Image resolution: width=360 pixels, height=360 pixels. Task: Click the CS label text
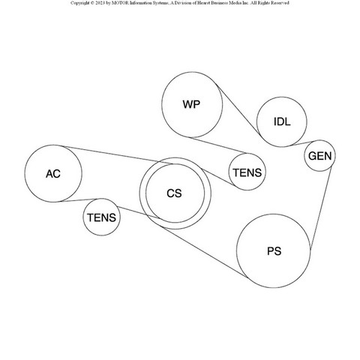(174, 193)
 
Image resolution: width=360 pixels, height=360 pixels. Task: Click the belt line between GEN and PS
(321, 208)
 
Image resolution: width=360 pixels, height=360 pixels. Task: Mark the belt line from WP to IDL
(238, 110)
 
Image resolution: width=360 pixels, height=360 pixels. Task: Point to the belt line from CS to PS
(204, 252)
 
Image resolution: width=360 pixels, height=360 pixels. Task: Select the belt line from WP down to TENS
(220, 145)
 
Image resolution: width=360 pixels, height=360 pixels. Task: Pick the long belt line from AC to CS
(118, 155)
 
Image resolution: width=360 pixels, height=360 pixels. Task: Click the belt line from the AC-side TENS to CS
(139, 212)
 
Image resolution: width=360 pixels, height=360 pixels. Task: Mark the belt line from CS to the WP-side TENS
(218, 178)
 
